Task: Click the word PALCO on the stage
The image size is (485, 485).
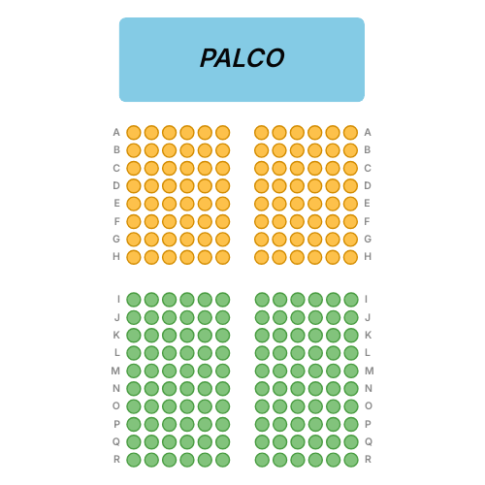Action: pyautogui.click(x=242, y=58)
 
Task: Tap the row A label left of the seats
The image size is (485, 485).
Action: pyautogui.click(x=116, y=132)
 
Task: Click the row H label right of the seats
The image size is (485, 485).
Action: pyautogui.click(x=368, y=256)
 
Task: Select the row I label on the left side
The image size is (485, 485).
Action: pyautogui.click(x=118, y=300)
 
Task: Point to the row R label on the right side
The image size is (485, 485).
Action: pyautogui.click(x=368, y=459)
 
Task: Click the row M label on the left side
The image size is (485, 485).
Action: pyautogui.click(x=115, y=371)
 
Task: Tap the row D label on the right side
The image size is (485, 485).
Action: pyautogui.click(x=368, y=185)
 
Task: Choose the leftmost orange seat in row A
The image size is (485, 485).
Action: pyautogui.click(x=134, y=133)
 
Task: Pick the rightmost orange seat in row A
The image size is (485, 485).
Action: pyautogui.click(x=350, y=133)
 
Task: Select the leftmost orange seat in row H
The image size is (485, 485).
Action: pyautogui.click(x=134, y=257)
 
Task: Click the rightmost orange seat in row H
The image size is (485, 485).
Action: pyautogui.click(x=350, y=257)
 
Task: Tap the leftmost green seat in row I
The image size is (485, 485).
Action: pyautogui.click(x=134, y=300)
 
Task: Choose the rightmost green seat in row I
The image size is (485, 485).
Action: pyautogui.click(x=351, y=300)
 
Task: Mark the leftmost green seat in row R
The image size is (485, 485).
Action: pyautogui.click(x=134, y=460)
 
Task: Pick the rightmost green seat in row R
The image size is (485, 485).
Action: pyautogui.click(x=351, y=460)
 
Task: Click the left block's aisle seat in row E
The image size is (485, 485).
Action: pyautogui.click(x=223, y=204)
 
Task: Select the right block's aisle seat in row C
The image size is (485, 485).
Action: pyautogui.click(x=262, y=168)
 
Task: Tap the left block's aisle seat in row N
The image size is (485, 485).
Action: pyautogui.click(x=223, y=389)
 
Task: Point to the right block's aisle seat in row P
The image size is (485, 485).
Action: pyautogui.click(x=262, y=424)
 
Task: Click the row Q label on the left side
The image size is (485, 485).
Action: pyautogui.click(x=116, y=441)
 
